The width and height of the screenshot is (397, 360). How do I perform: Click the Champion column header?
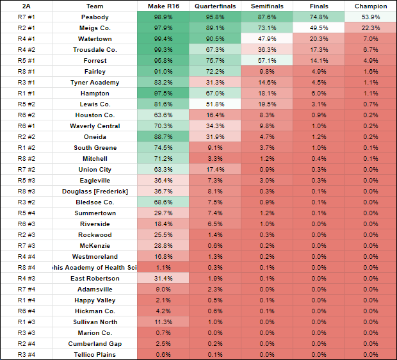[x=371, y=6]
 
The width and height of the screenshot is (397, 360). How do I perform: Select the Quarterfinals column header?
[x=215, y=6]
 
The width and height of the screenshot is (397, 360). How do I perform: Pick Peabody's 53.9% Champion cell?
[x=371, y=17]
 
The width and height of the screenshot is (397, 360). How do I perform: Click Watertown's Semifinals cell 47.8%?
[x=267, y=38]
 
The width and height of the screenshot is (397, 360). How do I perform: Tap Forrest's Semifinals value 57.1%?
[x=267, y=60]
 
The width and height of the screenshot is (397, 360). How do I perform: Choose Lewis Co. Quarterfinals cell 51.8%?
[x=215, y=104]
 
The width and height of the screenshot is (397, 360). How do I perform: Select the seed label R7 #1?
[x=21, y=17]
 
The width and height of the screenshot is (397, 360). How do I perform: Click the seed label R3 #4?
[x=21, y=355]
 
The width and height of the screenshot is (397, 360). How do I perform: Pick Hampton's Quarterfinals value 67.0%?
[x=215, y=93]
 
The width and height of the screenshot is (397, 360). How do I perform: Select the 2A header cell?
[x=21, y=6]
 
